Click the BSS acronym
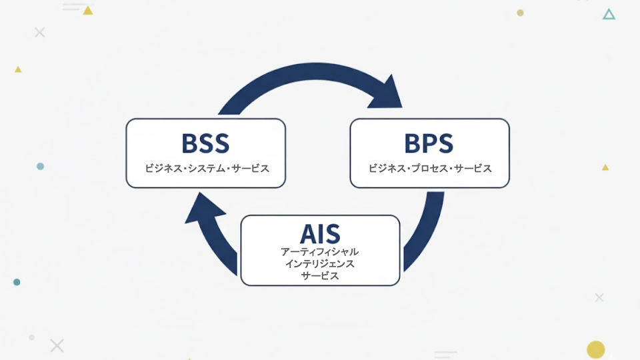click(205, 143)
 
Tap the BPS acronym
click(429, 143)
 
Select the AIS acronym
click(320, 233)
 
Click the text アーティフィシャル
click(320, 252)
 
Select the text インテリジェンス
click(320, 264)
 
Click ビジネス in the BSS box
click(163, 169)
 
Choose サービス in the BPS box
click(473, 169)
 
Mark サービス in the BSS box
click(251, 169)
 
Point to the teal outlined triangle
click(609, 14)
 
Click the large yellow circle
click(595, 349)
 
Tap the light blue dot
click(40, 166)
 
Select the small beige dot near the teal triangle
click(520, 13)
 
